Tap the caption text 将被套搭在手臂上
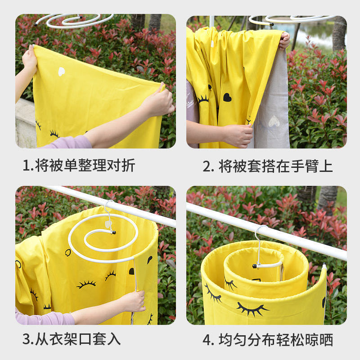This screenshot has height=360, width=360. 275,166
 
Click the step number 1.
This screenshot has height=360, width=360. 26,166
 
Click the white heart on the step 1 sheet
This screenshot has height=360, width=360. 61,71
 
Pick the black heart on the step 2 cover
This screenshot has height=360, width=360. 227,97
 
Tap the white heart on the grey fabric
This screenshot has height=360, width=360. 274,121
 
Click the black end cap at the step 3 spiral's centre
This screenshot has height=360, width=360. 113,233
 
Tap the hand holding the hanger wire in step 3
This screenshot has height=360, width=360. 133,300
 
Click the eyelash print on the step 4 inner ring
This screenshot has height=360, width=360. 230,283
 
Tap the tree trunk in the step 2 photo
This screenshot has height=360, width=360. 339,34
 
